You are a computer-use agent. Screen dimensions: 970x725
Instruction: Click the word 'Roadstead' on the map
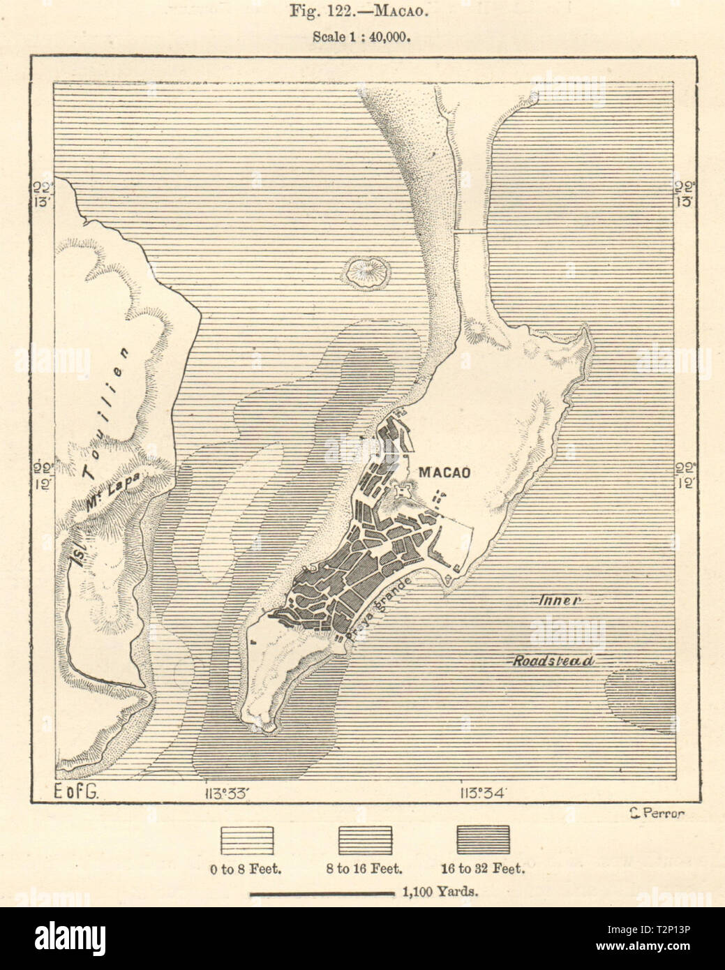click(x=555, y=661)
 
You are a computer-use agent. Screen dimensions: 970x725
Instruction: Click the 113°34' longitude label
click(x=482, y=793)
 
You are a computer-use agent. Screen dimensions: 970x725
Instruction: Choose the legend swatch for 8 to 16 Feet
click(x=364, y=839)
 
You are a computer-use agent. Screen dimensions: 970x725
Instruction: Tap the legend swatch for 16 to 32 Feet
click(x=482, y=839)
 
